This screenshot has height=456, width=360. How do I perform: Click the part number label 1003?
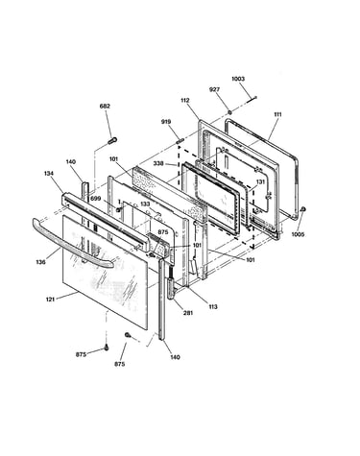pyautogui.click(x=238, y=79)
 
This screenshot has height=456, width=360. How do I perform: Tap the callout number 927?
pyautogui.click(x=214, y=89)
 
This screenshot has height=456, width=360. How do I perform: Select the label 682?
pyautogui.click(x=105, y=106)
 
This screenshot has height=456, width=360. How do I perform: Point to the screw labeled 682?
pyautogui.click(x=112, y=140)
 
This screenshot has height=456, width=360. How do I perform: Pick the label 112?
pyautogui.click(x=185, y=101)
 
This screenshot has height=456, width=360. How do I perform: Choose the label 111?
pyautogui.click(x=277, y=114)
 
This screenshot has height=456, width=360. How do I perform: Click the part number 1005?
pyautogui.click(x=298, y=234)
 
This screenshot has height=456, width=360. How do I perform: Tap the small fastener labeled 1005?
pyautogui.click(x=303, y=209)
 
